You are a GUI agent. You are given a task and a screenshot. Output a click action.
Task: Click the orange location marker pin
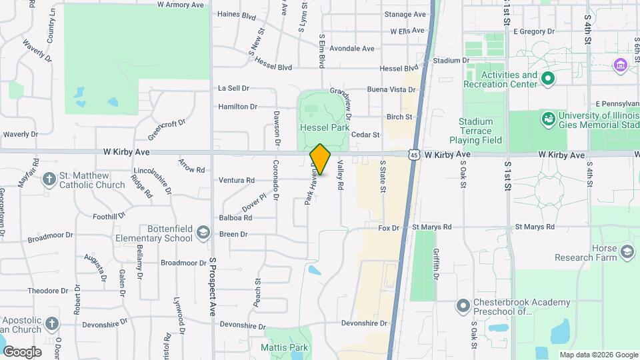point(320,159)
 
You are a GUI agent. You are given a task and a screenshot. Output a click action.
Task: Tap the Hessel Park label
point(325,127)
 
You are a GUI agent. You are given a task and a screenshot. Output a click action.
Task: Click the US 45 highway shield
point(414,155)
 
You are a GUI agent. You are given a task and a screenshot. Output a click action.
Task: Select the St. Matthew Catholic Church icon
point(49,179)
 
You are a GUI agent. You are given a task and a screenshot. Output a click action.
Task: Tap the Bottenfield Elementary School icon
point(203,233)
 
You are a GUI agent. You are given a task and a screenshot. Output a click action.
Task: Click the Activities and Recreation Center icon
point(548,79)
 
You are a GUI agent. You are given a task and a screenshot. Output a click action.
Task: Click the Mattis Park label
point(284,347)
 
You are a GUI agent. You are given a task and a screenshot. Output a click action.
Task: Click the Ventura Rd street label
point(237,180)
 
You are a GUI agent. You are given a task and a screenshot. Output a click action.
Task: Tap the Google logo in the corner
point(21,351)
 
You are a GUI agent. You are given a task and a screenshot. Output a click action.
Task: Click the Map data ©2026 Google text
point(598,355)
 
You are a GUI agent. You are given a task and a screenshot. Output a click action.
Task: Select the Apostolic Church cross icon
point(53,324)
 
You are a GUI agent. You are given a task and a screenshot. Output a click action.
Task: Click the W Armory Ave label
point(181,5)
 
